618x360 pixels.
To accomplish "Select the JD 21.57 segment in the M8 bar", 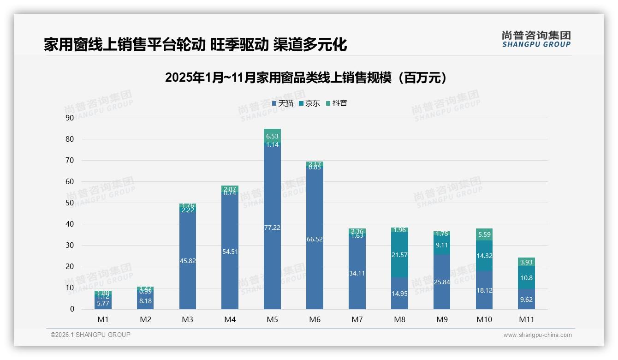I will [x=399, y=255].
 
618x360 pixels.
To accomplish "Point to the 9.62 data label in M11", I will [x=526, y=299].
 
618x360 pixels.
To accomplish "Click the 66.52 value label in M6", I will [x=315, y=239].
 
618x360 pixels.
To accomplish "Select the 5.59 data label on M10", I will [x=484, y=234].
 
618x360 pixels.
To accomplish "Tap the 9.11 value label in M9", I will [x=441, y=246].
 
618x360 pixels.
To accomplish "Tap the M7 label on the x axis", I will [x=357, y=319].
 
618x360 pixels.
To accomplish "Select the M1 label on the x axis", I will [x=103, y=319].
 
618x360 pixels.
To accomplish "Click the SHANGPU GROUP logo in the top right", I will [x=536, y=39].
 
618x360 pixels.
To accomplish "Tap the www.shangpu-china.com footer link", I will [x=537, y=335].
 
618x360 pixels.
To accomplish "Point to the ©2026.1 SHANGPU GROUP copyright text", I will [x=90, y=335].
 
